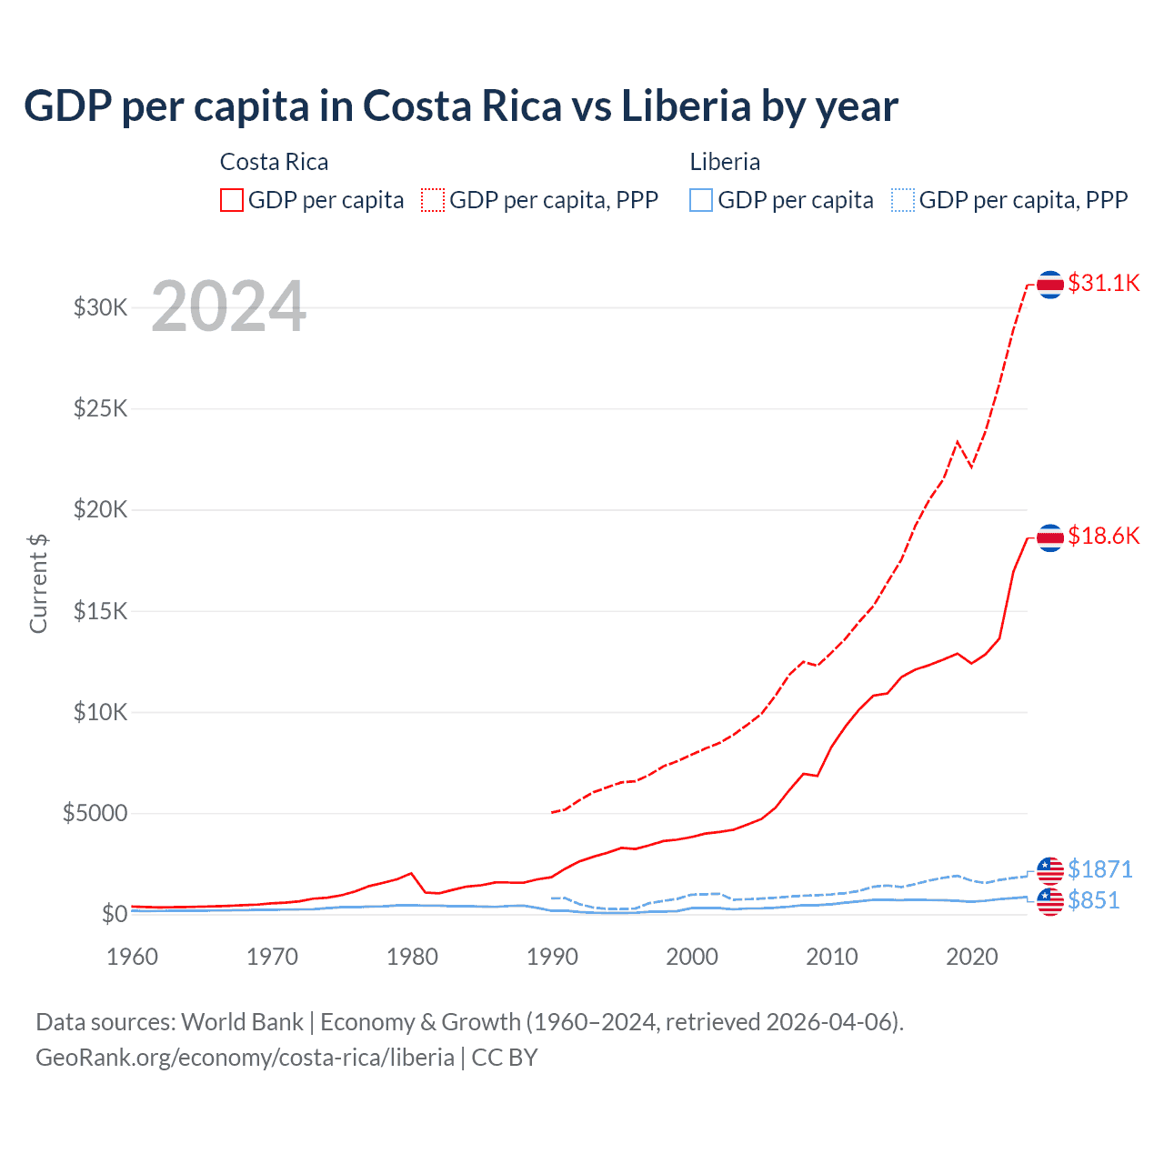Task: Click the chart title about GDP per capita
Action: [x=460, y=106]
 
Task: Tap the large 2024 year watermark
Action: [x=228, y=306]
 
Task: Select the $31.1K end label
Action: [x=1103, y=283]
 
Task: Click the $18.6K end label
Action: [x=1103, y=536]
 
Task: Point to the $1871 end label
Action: [x=1099, y=869]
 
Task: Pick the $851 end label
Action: [x=1093, y=900]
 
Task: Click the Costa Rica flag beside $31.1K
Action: [x=1050, y=285]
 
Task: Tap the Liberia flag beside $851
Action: [x=1050, y=901]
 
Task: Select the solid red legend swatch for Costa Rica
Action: [x=232, y=200]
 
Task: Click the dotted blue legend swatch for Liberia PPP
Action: [x=902, y=200]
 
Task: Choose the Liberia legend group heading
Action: [x=725, y=162]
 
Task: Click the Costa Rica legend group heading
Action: [x=274, y=162]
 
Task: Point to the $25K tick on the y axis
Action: [x=100, y=408]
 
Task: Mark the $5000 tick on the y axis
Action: [x=95, y=813]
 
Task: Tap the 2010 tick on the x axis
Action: [x=832, y=957]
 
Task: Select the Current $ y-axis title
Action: [x=38, y=584]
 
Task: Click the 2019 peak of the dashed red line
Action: [x=957, y=442]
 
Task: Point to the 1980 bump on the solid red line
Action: [x=411, y=873]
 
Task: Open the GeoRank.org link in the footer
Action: [x=245, y=1058]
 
